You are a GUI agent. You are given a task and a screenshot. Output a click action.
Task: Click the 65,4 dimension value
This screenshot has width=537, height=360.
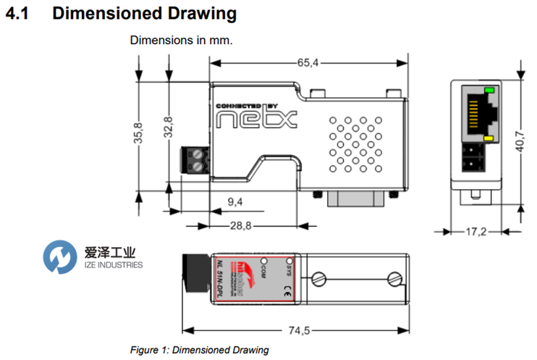click(307, 63)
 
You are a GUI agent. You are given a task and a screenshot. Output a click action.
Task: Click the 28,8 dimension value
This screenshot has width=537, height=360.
click(240, 226)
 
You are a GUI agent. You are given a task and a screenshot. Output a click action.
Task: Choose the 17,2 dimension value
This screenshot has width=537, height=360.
click(474, 233)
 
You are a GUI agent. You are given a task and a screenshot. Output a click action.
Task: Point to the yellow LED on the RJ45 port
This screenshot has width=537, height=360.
click(489, 138)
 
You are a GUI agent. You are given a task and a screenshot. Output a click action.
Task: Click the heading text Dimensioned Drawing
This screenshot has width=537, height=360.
click(144, 13)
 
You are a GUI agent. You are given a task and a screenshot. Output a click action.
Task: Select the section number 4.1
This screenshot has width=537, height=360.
click(17, 13)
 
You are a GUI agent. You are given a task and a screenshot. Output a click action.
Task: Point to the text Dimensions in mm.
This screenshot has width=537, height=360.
click(181, 40)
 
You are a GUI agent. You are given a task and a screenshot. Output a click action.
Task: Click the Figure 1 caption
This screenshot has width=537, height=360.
click(199, 350)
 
